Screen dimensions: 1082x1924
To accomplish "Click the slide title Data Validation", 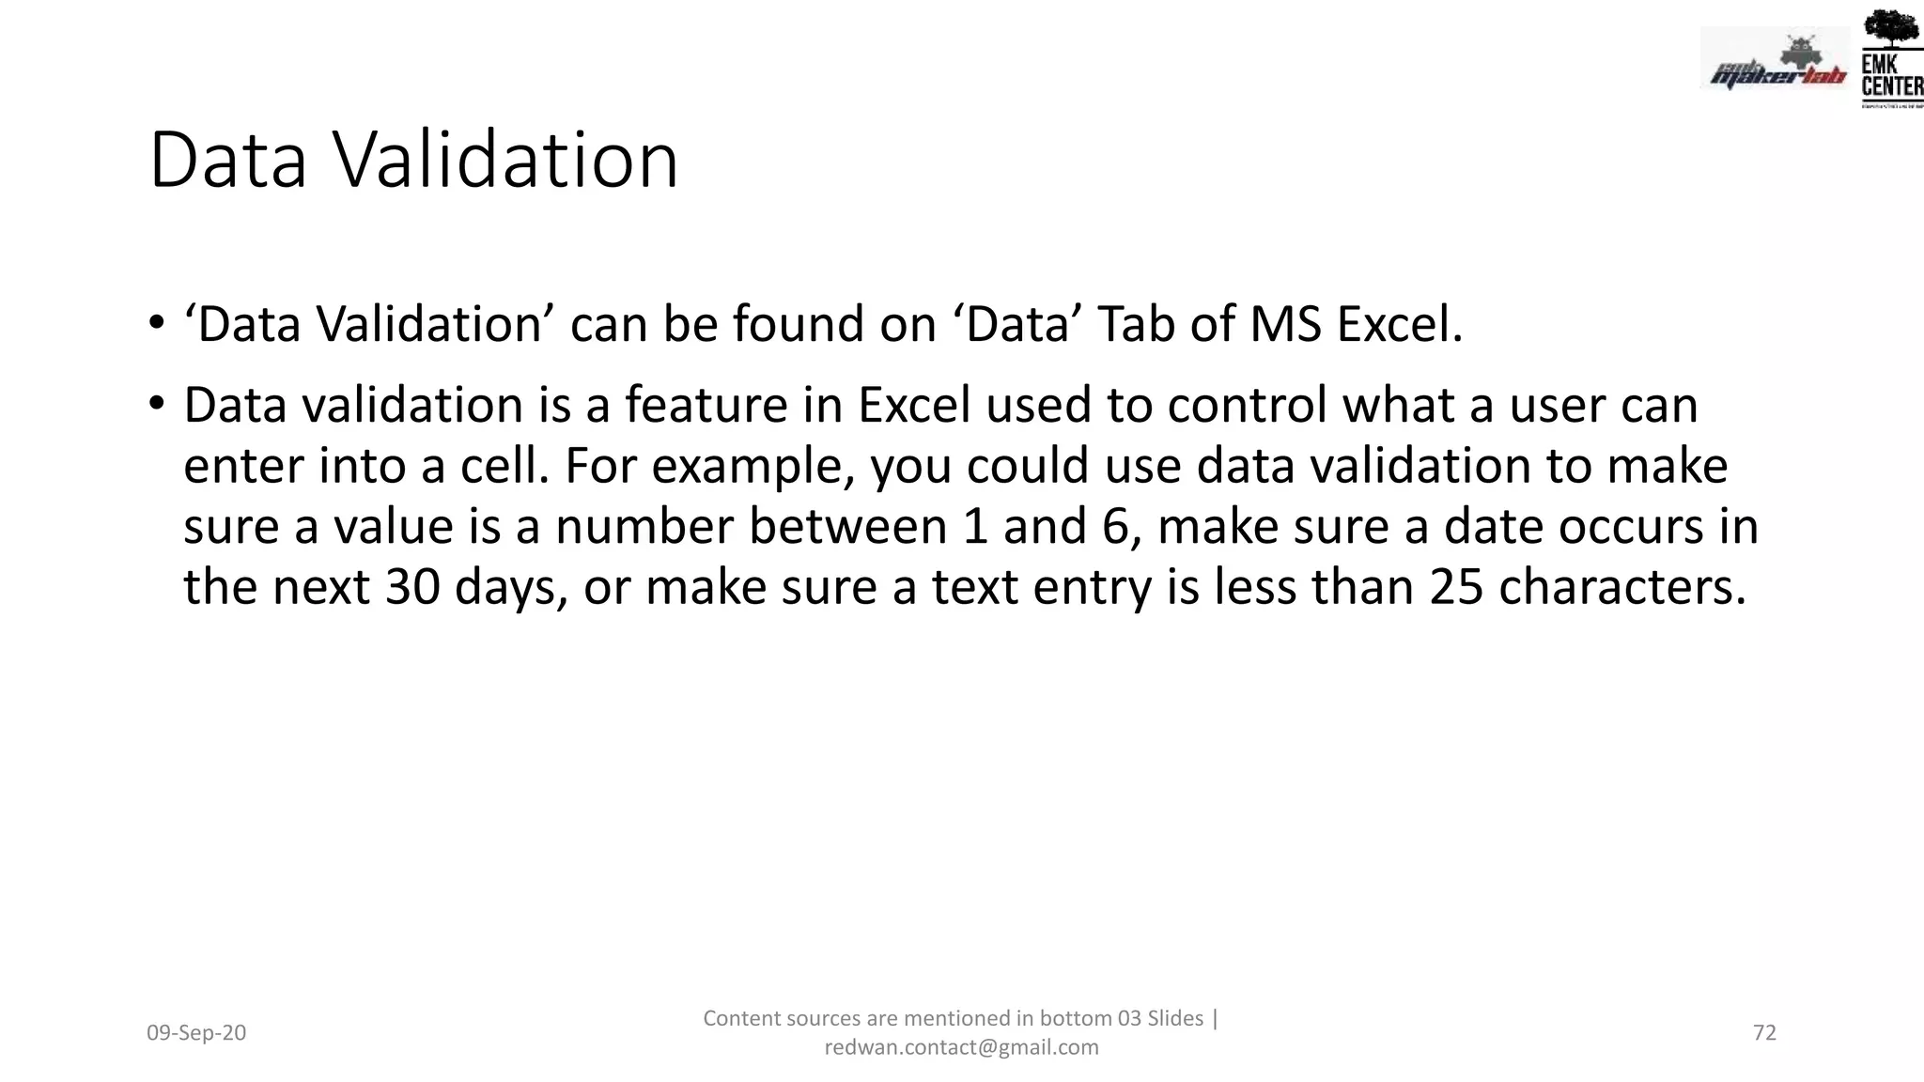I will coord(413,161).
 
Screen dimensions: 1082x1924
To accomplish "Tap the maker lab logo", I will coord(1774,61).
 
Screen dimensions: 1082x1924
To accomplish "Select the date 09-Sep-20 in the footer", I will coord(196,1033).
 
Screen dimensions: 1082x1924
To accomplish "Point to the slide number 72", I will coord(1764,1033).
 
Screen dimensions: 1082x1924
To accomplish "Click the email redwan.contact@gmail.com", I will coord(961,1047).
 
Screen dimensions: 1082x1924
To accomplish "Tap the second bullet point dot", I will coord(156,405).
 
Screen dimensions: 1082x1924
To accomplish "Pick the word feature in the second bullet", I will coord(706,405).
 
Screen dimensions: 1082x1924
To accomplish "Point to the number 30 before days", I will coord(412,587).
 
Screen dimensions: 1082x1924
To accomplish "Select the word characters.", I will coord(1621,587).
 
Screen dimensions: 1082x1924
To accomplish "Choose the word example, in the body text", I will coord(753,467).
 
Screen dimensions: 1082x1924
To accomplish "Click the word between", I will coord(847,526).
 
